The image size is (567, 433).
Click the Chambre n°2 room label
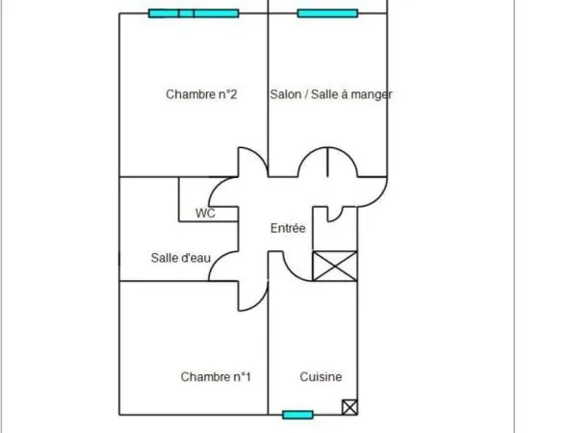pos(201,94)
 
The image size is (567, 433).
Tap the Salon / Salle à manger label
pos(331,94)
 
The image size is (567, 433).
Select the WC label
pos(205,214)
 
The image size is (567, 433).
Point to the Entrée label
pos(288,228)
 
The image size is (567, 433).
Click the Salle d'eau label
pos(180,258)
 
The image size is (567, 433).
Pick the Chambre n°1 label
pos(216,377)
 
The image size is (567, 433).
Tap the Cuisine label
pos(321,377)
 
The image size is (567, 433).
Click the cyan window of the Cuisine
pos(297,415)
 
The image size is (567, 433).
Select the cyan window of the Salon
pos(327,13)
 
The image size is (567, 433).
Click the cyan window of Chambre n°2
pos(193,13)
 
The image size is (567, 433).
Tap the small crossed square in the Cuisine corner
pos(349,407)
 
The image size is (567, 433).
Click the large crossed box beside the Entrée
pos(335,266)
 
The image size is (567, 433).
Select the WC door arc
pos(217,187)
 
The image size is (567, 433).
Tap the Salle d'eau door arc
pos(217,260)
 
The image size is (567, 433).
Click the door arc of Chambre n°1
pos(260,302)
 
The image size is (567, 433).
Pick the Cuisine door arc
pos(291,272)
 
